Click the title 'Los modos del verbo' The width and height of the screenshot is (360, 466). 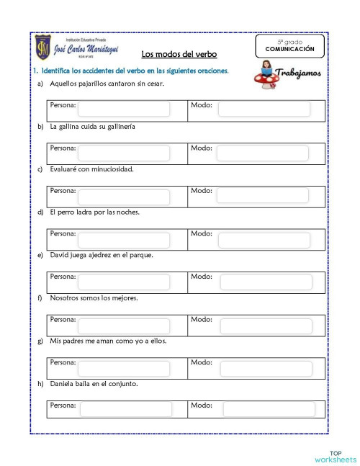point(179,54)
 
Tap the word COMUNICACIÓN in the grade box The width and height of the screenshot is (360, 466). point(289,49)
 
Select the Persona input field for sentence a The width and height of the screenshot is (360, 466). point(124,109)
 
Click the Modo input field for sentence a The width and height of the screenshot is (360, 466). point(264,109)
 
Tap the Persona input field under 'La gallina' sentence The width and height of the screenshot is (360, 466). point(124,153)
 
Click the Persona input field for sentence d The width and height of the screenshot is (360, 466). point(124,238)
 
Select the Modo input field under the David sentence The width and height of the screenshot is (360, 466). point(264,282)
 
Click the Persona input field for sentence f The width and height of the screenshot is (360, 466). point(124,325)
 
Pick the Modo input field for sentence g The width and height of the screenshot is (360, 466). point(266,368)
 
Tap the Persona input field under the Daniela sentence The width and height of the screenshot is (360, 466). point(125,409)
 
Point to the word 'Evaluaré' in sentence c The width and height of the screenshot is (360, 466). point(63,169)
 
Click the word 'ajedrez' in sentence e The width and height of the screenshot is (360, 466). point(105,255)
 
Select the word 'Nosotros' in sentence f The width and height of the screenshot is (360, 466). point(65,297)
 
